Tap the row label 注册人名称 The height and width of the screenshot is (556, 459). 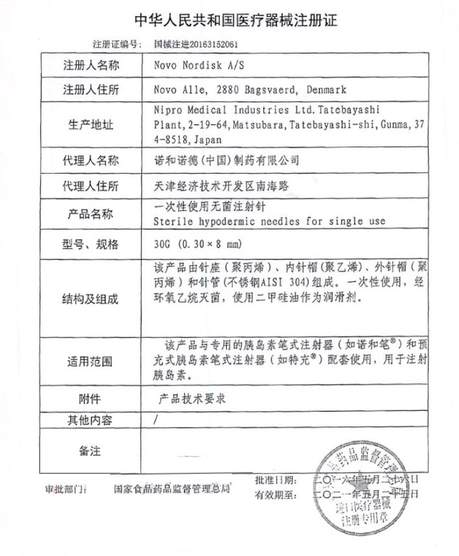[91, 66]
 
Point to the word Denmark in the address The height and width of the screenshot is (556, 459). [324, 90]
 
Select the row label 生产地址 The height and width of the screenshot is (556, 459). [91, 124]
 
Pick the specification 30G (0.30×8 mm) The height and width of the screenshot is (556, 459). [195, 244]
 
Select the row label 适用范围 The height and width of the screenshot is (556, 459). [91, 361]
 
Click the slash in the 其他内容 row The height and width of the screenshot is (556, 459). [155, 420]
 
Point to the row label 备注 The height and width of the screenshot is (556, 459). [91, 450]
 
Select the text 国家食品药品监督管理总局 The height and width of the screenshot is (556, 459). [172, 488]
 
